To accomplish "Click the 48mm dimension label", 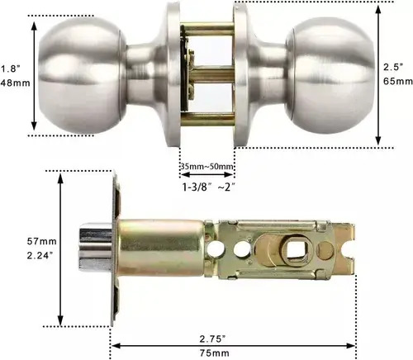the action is [15, 83].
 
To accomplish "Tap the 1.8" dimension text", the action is [11, 69].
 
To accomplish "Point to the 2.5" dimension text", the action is [393, 67].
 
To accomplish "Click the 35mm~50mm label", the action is [207, 167].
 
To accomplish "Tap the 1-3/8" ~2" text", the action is [209, 187].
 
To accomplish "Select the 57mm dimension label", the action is [41, 241].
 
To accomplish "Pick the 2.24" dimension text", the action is [40, 255].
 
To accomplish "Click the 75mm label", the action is [215, 353].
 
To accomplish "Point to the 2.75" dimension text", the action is [213, 339].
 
